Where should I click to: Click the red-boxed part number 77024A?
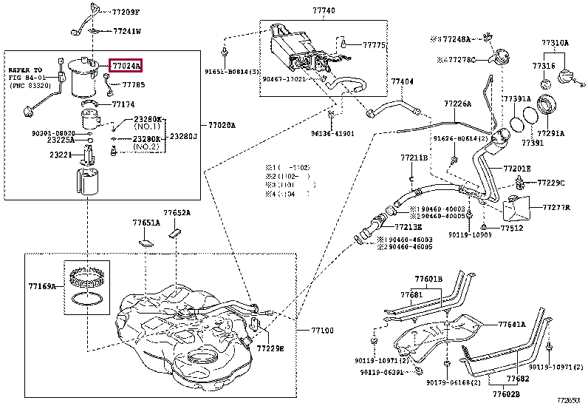(126, 66)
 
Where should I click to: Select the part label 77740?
(322, 12)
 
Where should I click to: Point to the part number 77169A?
(42, 285)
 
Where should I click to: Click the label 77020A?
(221, 126)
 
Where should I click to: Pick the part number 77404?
(402, 81)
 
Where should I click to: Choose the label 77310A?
(555, 44)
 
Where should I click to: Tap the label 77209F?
(126, 13)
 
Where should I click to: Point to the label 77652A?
(177, 213)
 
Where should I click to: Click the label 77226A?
(457, 104)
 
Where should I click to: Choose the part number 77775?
(375, 45)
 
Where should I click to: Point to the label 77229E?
(270, 348)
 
